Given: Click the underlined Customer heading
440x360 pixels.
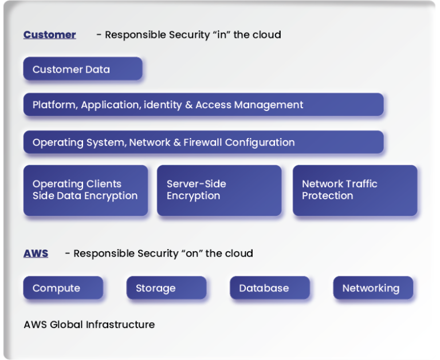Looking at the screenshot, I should (49, 35).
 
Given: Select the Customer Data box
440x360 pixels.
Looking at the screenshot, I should (82, 69).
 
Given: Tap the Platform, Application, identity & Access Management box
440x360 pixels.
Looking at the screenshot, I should (203, 105).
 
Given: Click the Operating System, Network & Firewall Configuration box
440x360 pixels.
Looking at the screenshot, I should (203, 142).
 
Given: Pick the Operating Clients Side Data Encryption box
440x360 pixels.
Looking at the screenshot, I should (85, 191).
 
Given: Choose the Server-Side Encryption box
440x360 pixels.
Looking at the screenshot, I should (219, 191).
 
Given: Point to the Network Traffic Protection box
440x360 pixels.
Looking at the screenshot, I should (355, 191).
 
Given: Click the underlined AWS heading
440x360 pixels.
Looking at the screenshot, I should (36, 254).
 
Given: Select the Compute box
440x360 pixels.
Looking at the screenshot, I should (63, 288).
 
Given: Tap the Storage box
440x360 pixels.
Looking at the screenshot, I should (166, 288).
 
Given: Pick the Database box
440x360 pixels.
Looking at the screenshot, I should (269, 288).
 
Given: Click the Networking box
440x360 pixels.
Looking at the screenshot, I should (373, 288).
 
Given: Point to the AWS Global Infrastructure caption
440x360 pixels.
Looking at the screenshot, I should (89, 325).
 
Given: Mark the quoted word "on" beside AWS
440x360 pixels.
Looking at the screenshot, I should (191, 254).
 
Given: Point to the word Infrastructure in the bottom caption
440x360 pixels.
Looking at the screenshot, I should (120, 325).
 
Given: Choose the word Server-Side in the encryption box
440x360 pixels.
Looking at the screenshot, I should (196, 184).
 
